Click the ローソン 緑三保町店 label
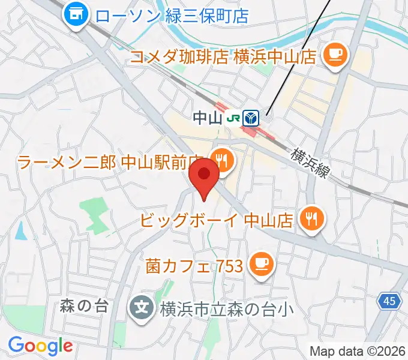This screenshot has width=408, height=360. [172, 14]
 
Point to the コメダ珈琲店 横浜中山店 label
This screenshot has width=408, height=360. [223, 57]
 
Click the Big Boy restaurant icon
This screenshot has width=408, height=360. [310, 218]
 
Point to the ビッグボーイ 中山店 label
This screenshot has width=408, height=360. [217, 220]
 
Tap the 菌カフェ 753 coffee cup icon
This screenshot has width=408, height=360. [261, 262]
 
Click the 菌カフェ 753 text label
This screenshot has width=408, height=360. [194, 264]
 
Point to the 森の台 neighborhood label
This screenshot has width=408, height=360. [83, 306]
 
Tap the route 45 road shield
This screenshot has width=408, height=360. [390, 302]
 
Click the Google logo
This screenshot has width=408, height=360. [40, 346]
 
